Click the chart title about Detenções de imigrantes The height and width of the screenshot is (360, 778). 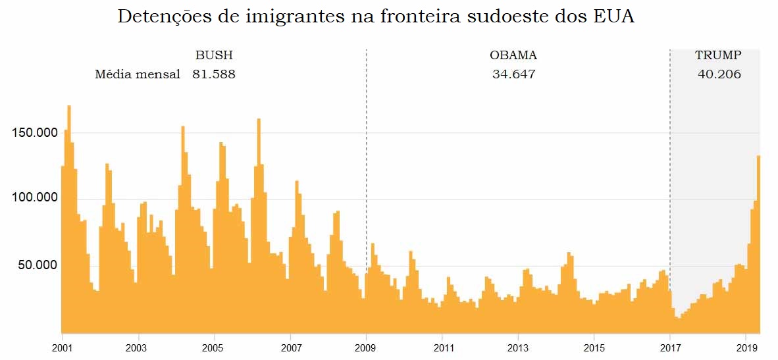click(x=375, y=18)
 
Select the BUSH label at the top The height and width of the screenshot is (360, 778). click(x=214, y=55)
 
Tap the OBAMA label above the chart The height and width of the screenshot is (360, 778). click(x=513, y=55)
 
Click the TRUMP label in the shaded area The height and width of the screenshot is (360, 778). click(x=718, y=55)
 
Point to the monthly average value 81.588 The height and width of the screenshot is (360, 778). click(x=214, y=74)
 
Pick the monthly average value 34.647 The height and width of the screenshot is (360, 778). click(x=513, y=74)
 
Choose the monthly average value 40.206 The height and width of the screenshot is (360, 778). click(x=719, y=74)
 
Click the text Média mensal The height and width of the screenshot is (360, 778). click(x=138, y=74)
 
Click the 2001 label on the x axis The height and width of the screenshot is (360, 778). click(x=62, y=347)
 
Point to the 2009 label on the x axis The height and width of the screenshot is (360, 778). click(x=366, y=347)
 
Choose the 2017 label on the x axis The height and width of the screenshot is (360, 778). click(x=670, y=347)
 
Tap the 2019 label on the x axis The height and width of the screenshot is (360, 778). click(x=746, y=347)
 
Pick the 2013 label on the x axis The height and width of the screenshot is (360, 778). click(x=518, y=347)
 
